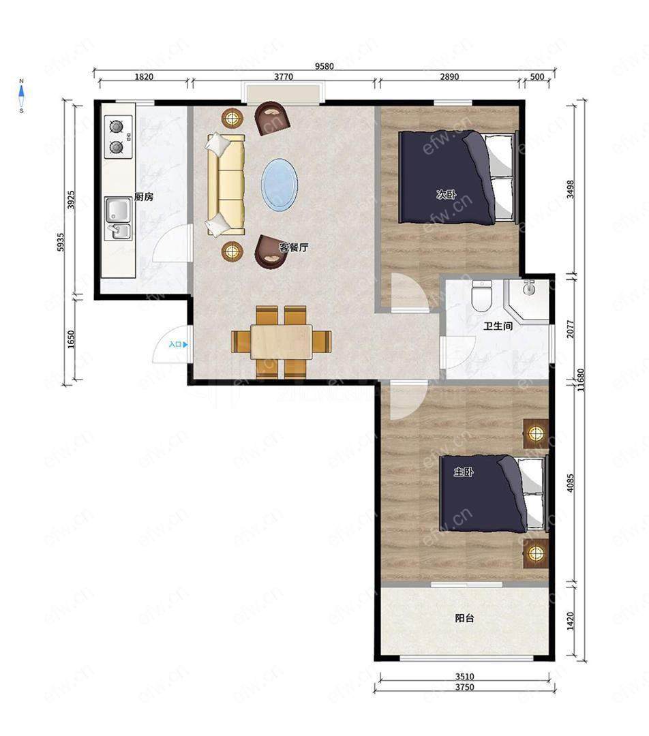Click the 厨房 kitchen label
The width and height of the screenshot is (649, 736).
tap(144, 197)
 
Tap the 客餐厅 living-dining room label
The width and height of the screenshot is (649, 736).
tap(294, 247)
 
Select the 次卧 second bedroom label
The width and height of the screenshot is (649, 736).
tap(446, 194)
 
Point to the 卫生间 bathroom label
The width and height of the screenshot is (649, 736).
tap(498, 325)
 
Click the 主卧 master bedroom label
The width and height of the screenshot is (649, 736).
tap(463, 472)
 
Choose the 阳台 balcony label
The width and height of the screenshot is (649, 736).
tap(464, 618)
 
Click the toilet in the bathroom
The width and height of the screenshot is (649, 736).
tap(481, 296)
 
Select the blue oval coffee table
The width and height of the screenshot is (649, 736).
tap(280, 184)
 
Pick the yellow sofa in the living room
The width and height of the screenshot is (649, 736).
tap(226, 185)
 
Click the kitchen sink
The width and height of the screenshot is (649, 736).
tap(118, 219)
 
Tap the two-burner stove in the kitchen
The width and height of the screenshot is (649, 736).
tap(118, 136)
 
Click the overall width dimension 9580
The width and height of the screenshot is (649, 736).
tap(324, 66)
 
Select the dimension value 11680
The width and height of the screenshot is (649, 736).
tap(581, 380)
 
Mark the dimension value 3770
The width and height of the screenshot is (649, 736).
tap(284, 76)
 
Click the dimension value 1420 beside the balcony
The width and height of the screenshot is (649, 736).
tap(571, 621)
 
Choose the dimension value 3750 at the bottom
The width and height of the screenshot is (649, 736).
tap(464, 687)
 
